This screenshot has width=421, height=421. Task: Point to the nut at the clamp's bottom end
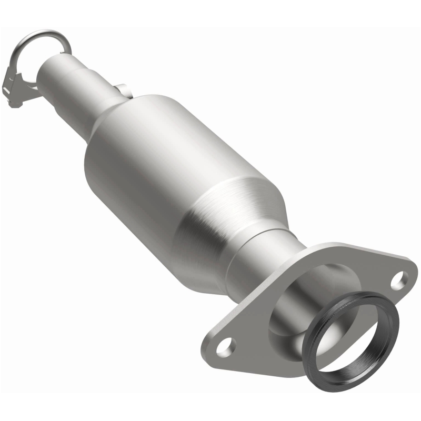tap(14, 101)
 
